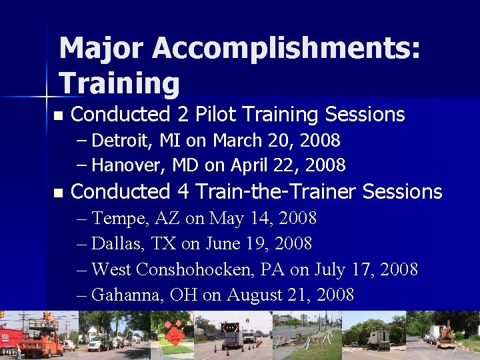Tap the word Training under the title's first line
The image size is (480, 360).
coord(119,84)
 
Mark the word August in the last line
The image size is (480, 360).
coord(254,295)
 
